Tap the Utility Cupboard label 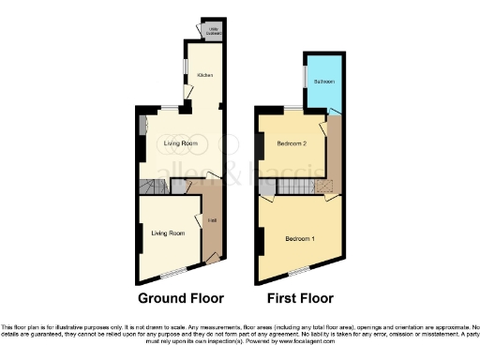(x=214, y=30)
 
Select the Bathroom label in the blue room (x=323, y=82)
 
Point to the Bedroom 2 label (x=292, y=143)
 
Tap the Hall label (x=212, y=221)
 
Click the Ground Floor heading (x=181, y=299)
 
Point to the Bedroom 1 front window (x=299, y=272)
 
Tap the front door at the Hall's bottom (x=212, y=257)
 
